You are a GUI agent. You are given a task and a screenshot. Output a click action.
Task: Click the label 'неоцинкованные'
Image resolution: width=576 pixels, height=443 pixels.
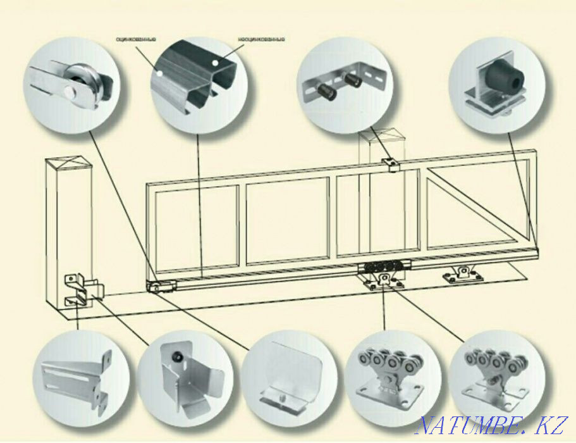(x=261, y=39)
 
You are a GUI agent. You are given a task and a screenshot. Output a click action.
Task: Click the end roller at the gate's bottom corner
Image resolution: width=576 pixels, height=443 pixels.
(x=156, y=286)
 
